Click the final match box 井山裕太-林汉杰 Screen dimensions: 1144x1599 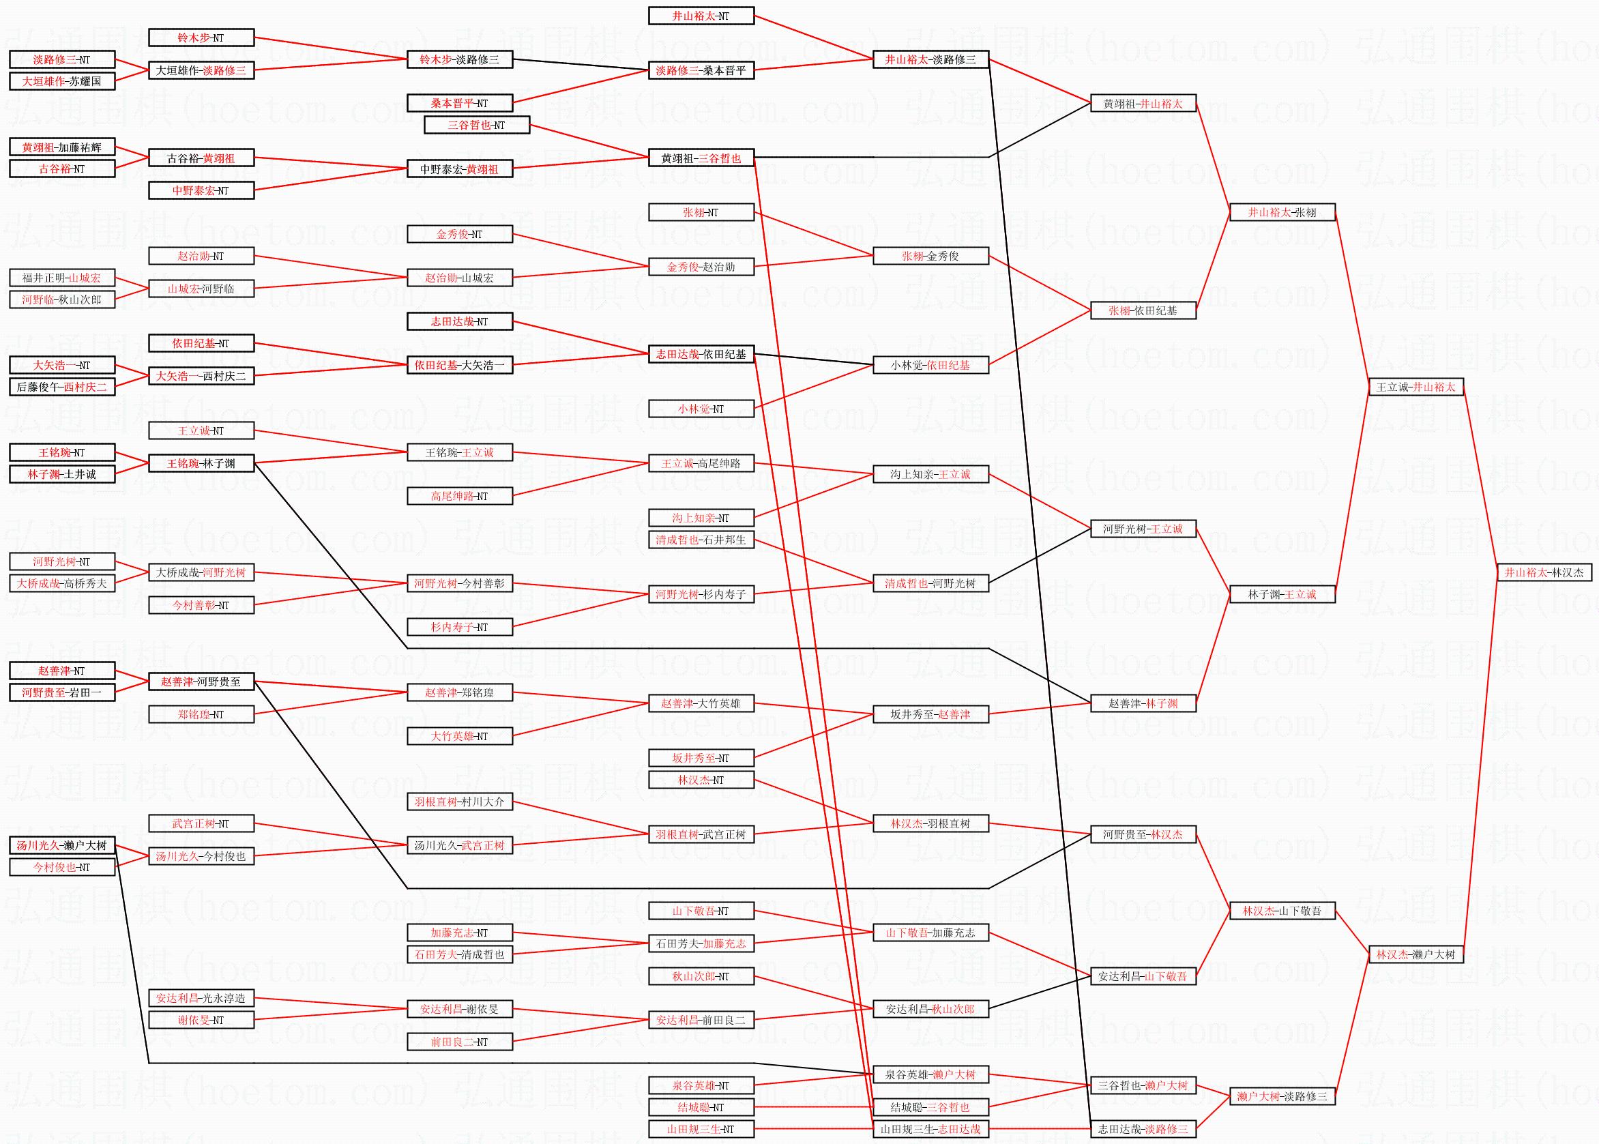click(x=1544, y=573)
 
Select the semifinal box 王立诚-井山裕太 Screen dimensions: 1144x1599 click(x=1416, y=387)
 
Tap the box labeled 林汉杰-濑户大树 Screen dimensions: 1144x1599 click(x=1416, y=954)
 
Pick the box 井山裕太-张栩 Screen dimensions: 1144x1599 click(x=1282, y=212)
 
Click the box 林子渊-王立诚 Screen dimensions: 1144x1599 click(x=1282, y=595)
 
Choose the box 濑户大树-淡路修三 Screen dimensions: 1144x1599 click(x=1282, y=1097)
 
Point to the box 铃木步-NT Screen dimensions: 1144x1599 click(x=201, y=38)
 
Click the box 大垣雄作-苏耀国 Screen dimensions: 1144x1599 click(x=62, y=82)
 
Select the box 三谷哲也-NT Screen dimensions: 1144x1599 click(x=477, y=126)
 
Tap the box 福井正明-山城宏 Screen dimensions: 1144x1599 click(x=62, y=278)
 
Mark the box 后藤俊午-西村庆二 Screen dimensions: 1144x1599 click(x=62, y=387)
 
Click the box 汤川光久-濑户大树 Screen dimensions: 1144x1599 click(x=62, y=845)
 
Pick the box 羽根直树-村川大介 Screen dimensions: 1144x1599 click(x=459, y=802)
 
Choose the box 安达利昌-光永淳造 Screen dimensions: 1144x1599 click(x=201, y=998)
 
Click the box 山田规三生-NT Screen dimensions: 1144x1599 click(x=701, y=1129)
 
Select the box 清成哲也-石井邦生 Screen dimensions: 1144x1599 click(x=701, y=540)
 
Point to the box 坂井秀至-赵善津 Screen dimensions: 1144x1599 click(x=930, y=714)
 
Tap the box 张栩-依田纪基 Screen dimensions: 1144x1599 click(x=1143, y=310)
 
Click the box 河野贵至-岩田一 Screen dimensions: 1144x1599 click(x=62, y=692)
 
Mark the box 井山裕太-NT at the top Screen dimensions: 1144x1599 click(x=701, y=16)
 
